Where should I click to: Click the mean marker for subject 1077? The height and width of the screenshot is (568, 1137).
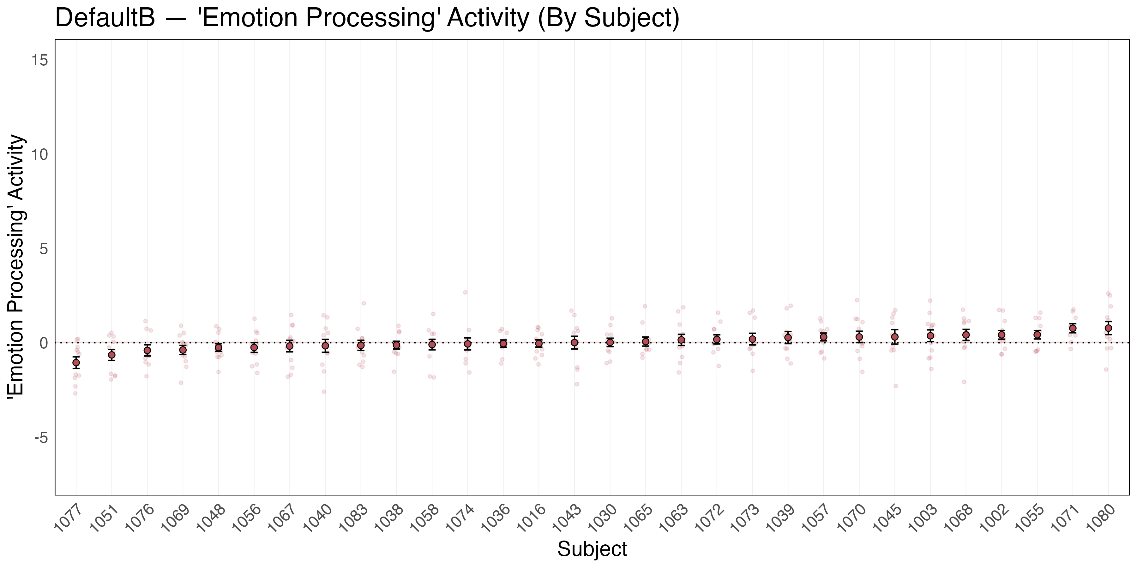(76, 363)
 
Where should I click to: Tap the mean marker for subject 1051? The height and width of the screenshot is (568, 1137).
(112, 355)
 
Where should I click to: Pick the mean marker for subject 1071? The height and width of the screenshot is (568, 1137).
(1073, 328)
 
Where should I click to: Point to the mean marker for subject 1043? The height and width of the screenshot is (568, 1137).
(574, 342)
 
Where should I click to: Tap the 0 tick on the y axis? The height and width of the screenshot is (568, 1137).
(43, 343)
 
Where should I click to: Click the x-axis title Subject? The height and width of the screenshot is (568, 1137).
(592, 549)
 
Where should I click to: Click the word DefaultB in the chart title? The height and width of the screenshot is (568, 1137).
(105, 19)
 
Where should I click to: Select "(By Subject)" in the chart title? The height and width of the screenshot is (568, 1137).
(608, 19)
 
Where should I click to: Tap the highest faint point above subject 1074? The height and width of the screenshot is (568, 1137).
(465, 292)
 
